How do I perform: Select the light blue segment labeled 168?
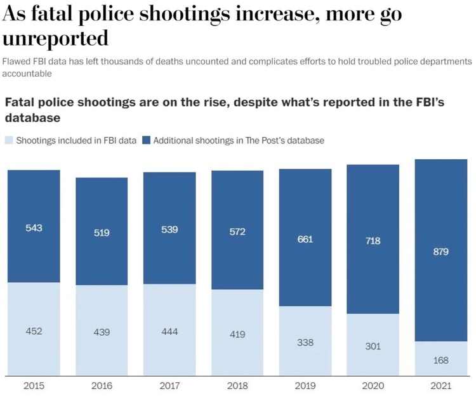point(441,359)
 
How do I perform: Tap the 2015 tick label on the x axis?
point(34,385)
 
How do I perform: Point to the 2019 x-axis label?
point(305,385)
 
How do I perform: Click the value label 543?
point(34,228)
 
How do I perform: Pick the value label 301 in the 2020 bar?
point(373,346)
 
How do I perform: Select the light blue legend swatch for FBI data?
point(9,140)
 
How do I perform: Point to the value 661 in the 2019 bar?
point(305,239)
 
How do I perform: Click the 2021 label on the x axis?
point(441,385)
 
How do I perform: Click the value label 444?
point(169,332)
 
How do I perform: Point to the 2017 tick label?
point(169,385)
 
